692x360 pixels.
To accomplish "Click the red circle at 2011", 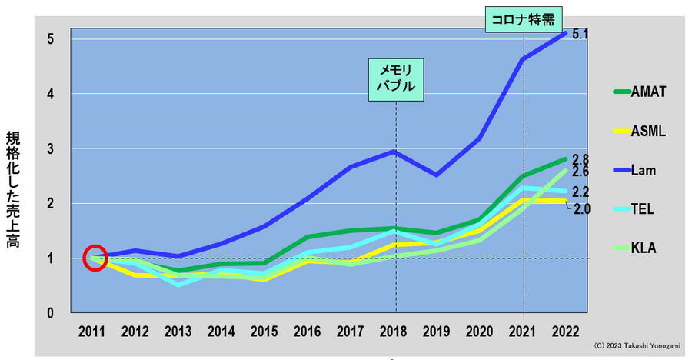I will pos(95,258).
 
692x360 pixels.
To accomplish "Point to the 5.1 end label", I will pos(581,35).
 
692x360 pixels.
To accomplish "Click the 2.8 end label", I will pos(581,159).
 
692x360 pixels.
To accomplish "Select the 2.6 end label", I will pos(581,172).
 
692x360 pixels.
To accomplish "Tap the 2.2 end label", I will pos(581,192).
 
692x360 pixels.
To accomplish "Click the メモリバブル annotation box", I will pos(395,77).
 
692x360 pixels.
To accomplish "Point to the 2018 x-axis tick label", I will pos(395,332).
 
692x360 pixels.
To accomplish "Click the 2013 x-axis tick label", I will pos(178,332).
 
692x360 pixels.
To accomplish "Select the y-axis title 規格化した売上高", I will pos(13,189).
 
